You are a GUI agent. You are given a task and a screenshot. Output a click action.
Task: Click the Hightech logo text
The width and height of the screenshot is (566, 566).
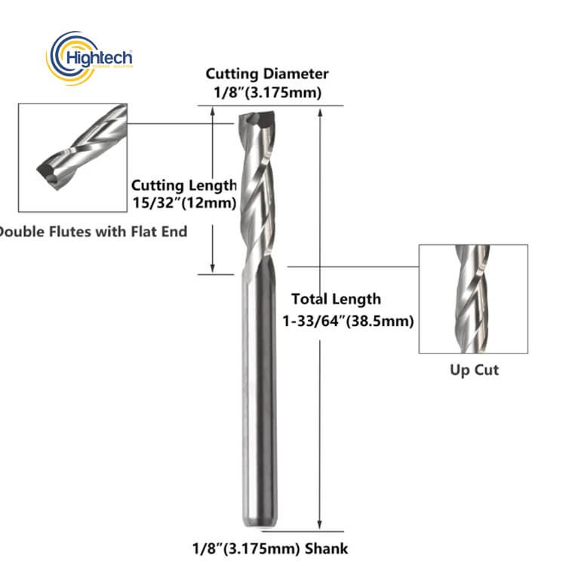pos(100,58)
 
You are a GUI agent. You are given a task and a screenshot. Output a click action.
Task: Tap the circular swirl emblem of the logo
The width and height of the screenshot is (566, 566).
pos(63,57)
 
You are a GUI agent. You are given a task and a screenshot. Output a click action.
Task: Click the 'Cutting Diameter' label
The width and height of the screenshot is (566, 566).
pos(268,74)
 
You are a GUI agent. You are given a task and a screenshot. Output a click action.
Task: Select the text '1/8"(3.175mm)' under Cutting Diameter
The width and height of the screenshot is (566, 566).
pos(268,94)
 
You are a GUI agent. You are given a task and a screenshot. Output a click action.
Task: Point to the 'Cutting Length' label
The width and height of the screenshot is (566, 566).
pos(183,186)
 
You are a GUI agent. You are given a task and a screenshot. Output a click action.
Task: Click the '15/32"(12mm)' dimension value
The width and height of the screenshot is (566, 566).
pos(183,203)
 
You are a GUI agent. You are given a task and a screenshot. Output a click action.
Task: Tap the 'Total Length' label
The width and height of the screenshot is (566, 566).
pos(336,300)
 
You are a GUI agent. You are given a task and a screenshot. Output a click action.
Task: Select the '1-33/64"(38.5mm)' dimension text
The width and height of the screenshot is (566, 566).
pos(348,321)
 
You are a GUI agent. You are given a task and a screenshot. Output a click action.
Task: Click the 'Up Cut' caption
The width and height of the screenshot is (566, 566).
pos(475,370)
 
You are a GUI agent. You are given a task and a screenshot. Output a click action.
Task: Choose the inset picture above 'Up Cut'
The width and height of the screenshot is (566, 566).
pos(473,299)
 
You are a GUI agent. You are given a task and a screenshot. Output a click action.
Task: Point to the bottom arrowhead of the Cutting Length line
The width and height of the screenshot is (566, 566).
pos(213,267)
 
